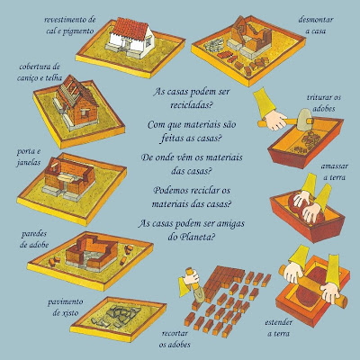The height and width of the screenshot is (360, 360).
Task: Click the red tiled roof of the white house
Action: coord(130,28)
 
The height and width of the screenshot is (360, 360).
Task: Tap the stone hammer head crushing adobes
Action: coord(305,119)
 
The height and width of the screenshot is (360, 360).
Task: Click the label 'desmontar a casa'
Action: coord(316,25)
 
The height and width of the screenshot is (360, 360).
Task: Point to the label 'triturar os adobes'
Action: coord(324,103)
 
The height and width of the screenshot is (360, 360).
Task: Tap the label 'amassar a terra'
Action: coord(335,172)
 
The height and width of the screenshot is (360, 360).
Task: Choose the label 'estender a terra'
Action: coord(279,328)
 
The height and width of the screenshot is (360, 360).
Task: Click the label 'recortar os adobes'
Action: coord(175,339)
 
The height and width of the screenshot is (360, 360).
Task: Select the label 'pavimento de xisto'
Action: coord(65,307)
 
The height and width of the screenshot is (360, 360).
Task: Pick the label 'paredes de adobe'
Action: coord(34,239)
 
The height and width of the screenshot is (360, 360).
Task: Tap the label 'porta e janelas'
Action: coord(29,157)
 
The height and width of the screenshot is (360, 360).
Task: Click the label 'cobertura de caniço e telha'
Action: coord(40,72)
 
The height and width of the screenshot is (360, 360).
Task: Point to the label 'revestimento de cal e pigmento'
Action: coord(70,25)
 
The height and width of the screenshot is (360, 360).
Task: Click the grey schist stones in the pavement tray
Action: coord(119,316)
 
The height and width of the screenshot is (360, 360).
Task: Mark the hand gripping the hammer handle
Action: coord(276,120)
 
